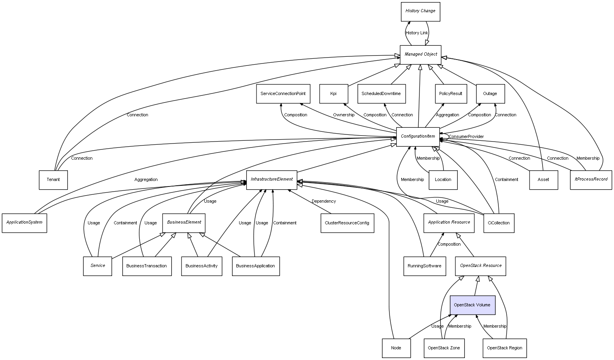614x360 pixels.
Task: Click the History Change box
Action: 420,11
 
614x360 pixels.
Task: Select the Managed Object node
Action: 421,54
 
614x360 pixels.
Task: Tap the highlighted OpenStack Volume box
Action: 472,305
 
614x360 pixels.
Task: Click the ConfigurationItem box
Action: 418,136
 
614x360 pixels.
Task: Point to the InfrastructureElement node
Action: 271,180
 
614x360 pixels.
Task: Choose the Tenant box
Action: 53,180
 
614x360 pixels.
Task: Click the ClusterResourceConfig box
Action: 347,223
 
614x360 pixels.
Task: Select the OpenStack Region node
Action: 504,348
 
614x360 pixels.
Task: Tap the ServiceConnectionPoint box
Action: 283,94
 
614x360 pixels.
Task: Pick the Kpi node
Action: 333,94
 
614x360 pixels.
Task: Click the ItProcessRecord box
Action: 591,180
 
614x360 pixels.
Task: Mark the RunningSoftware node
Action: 425,266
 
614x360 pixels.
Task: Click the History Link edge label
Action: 417,33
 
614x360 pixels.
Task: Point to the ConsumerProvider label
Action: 466,137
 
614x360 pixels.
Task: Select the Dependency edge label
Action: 324,201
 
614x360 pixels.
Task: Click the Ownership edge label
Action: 343,115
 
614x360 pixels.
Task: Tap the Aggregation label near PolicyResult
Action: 447,115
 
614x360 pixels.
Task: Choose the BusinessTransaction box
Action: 147,266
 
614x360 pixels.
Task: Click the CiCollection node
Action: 499,223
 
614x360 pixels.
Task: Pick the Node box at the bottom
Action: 396,348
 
